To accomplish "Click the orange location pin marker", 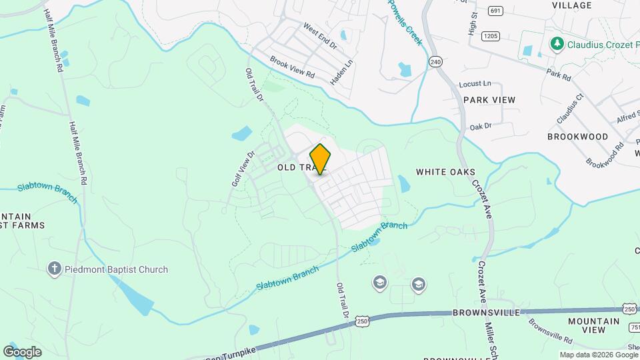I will click(x=320, y=159).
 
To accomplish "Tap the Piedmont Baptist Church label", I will click(x=117, y=269).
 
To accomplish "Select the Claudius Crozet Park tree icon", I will click(x=556, y=44).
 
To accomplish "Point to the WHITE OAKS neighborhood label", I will click(x=445, y=172).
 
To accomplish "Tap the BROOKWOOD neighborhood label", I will click(x=577, y=137).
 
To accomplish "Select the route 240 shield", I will click(x=436, y=61).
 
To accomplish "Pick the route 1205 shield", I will click(x=491, y=35).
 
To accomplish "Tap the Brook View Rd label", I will click(x=292, y=68).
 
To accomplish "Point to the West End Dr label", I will click(x=320, y=38).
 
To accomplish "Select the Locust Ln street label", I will click(x=475, y=84).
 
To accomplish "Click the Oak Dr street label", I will click(x=480, y=126).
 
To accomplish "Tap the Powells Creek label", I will click(x=405, y=22).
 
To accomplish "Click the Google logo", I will click(x=22, y=351).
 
